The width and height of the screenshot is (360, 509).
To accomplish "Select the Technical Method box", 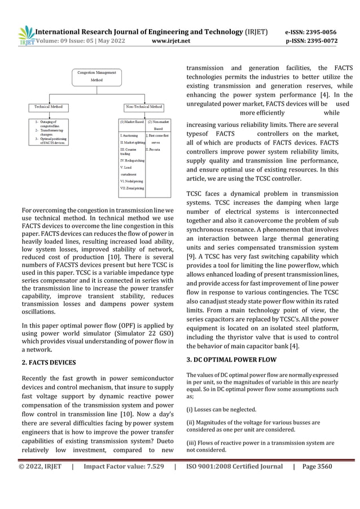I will [49, 106].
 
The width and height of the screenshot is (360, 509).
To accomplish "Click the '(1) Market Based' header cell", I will [131, 121].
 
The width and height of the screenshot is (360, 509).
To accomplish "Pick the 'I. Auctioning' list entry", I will [129, 136].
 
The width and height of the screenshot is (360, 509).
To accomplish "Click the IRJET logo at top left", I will [25, 35].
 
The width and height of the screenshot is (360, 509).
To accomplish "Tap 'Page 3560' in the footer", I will [317, 467].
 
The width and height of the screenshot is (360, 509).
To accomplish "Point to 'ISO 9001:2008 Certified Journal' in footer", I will [234, 467].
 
